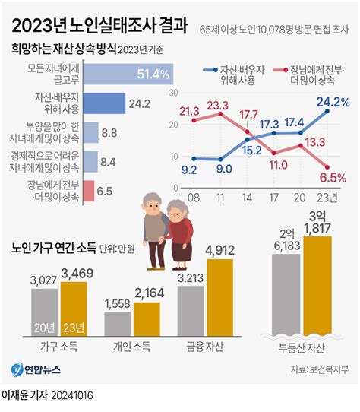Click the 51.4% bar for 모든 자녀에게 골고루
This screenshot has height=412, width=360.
(128, 74)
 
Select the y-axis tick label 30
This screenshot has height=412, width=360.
(173, 92)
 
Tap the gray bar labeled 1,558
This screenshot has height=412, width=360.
(117, 324)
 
